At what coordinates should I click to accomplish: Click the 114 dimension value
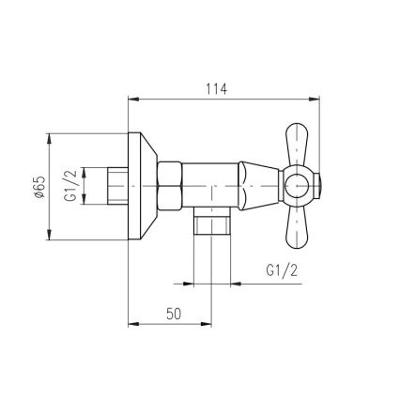coord(216,89)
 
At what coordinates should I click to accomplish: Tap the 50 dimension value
coord(174,314)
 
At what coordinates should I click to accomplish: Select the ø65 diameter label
coord(40,187)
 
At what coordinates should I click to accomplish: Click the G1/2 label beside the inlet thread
coord(70,186)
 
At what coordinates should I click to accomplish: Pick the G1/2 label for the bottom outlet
coord(282,270)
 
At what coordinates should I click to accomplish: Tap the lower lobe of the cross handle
coord(297,228)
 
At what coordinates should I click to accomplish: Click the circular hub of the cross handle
coord(297,186)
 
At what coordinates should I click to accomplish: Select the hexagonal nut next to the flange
coord(169,186)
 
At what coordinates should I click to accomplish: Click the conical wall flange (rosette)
coord(143,186)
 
